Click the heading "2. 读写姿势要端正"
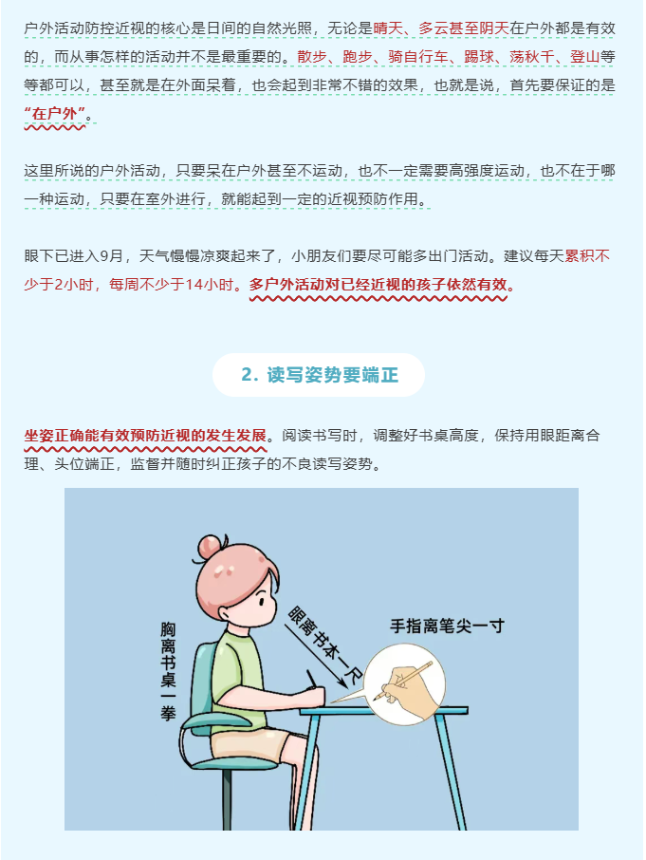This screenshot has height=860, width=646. point(320,375)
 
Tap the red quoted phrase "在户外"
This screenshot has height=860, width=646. point(55,114)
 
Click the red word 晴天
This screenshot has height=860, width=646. point(389,28)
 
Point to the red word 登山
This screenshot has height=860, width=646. point(584,57)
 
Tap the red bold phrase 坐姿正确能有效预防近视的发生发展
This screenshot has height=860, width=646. point(145,436)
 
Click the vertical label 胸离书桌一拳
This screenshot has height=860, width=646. point(168,670)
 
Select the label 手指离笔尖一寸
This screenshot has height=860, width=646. point(447,626)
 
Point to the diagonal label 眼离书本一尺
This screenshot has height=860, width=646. point(324,645)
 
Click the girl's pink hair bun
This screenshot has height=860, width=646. point(210,546)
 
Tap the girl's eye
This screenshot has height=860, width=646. point(262,602)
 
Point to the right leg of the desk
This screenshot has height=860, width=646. point(451,771)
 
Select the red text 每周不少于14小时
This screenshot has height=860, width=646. point(171,284)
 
